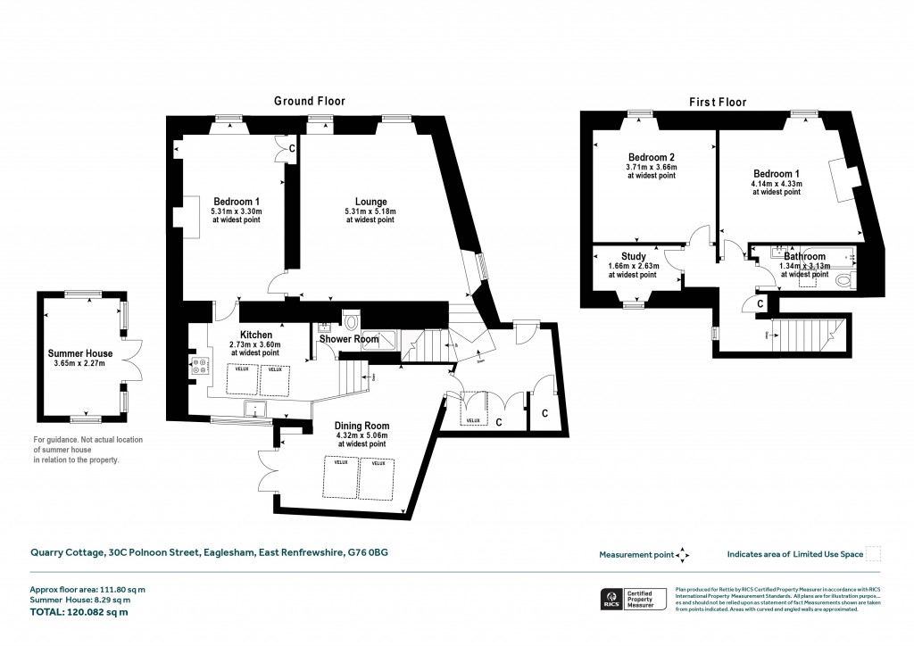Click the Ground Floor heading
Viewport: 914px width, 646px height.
(309, 101)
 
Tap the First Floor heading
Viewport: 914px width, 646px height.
(718, 102)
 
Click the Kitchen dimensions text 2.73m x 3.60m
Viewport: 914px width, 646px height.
(255, 344)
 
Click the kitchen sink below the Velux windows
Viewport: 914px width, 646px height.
(256, 410)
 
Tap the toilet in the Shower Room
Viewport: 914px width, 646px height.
(352, 320)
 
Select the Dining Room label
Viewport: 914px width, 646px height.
(361, 426)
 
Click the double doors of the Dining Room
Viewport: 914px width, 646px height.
(265, 468)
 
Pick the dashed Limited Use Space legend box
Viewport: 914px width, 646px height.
(874, 554)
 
